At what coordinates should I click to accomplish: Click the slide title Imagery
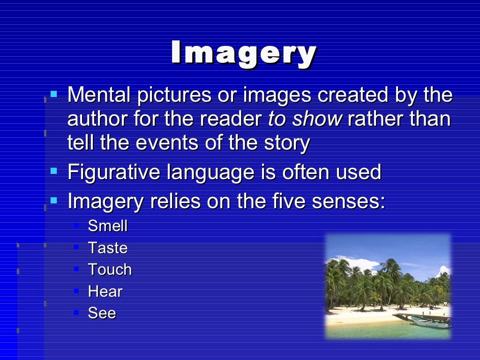[x=244, y=52]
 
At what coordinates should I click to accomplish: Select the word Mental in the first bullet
[x=98, y=95]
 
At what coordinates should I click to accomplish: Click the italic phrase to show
[x=304, y=119]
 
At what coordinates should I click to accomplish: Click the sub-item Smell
[x=108, y=226]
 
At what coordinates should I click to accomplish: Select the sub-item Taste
[x=108, y=247]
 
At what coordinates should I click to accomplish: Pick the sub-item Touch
[x=110, y=270]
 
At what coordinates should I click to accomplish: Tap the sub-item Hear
[x=105, y=292]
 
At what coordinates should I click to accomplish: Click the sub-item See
[x=102, y=313]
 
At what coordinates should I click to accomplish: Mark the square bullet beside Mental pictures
[x=54, y=94]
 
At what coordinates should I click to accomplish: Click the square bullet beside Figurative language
[x=54, y=171]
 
